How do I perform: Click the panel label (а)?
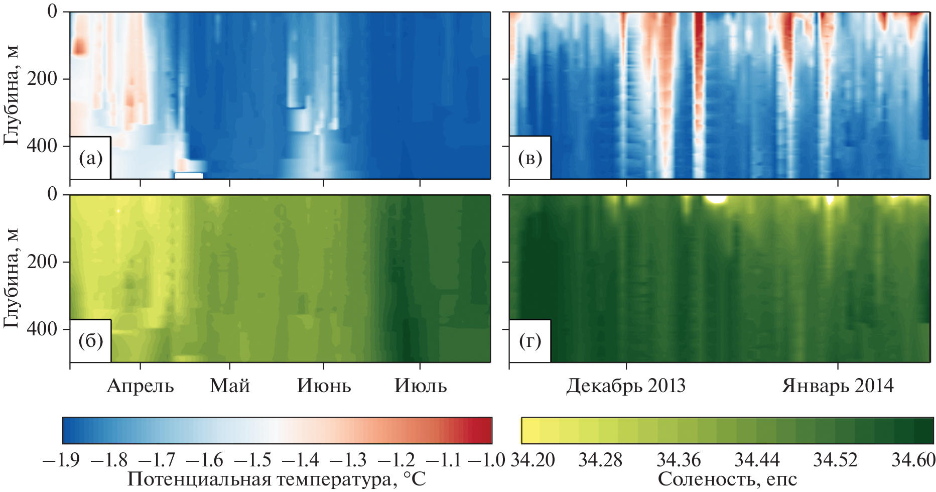click(x=90, y=159)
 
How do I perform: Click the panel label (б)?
click(x=90, y=341)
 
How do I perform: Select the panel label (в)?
click(x=530, y=159)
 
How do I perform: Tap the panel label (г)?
click(x=530, y=341)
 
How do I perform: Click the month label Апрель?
click(x=140, y=386)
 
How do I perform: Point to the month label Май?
click(x=230, y=386)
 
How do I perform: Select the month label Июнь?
click(x=324, y=386)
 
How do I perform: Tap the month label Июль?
click(x=421, y=386)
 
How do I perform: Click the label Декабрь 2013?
click(x=626, y=386)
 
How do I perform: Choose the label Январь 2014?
click(x=838, y=386)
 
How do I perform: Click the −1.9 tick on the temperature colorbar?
click(x=61, y=460)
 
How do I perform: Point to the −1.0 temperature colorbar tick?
click(x=485, y=460)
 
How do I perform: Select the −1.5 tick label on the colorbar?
click(x=252, y=460)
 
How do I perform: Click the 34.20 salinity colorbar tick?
click(x=532, y=460)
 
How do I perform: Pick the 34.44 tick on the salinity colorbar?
click(x=757, y=460)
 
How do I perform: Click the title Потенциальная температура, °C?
click(x=277, y=480)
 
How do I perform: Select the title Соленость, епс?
click(x=727, y=480)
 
